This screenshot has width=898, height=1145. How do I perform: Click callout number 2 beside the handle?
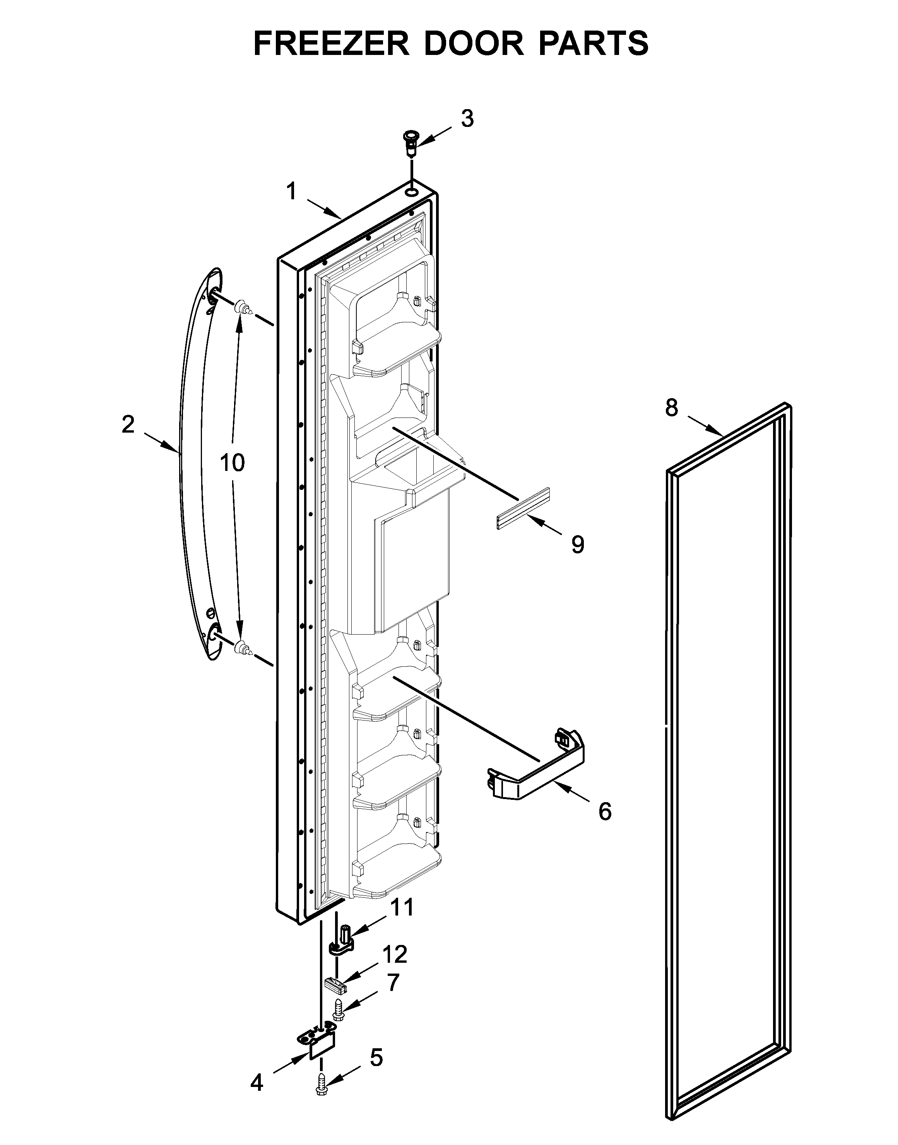click(128, 424)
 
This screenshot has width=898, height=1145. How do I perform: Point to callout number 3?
click(467, 119)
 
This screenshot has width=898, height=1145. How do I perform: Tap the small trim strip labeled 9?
click(523, 509)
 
